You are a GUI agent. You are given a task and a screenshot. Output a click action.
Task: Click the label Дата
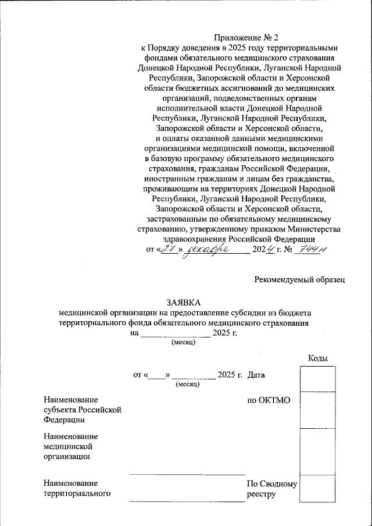point(256,375)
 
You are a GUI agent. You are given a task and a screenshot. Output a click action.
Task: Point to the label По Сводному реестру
point(271,489)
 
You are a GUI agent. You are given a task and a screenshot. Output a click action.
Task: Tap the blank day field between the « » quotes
point(158,375)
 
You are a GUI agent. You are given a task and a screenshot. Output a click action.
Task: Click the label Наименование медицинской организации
point(70,446)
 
